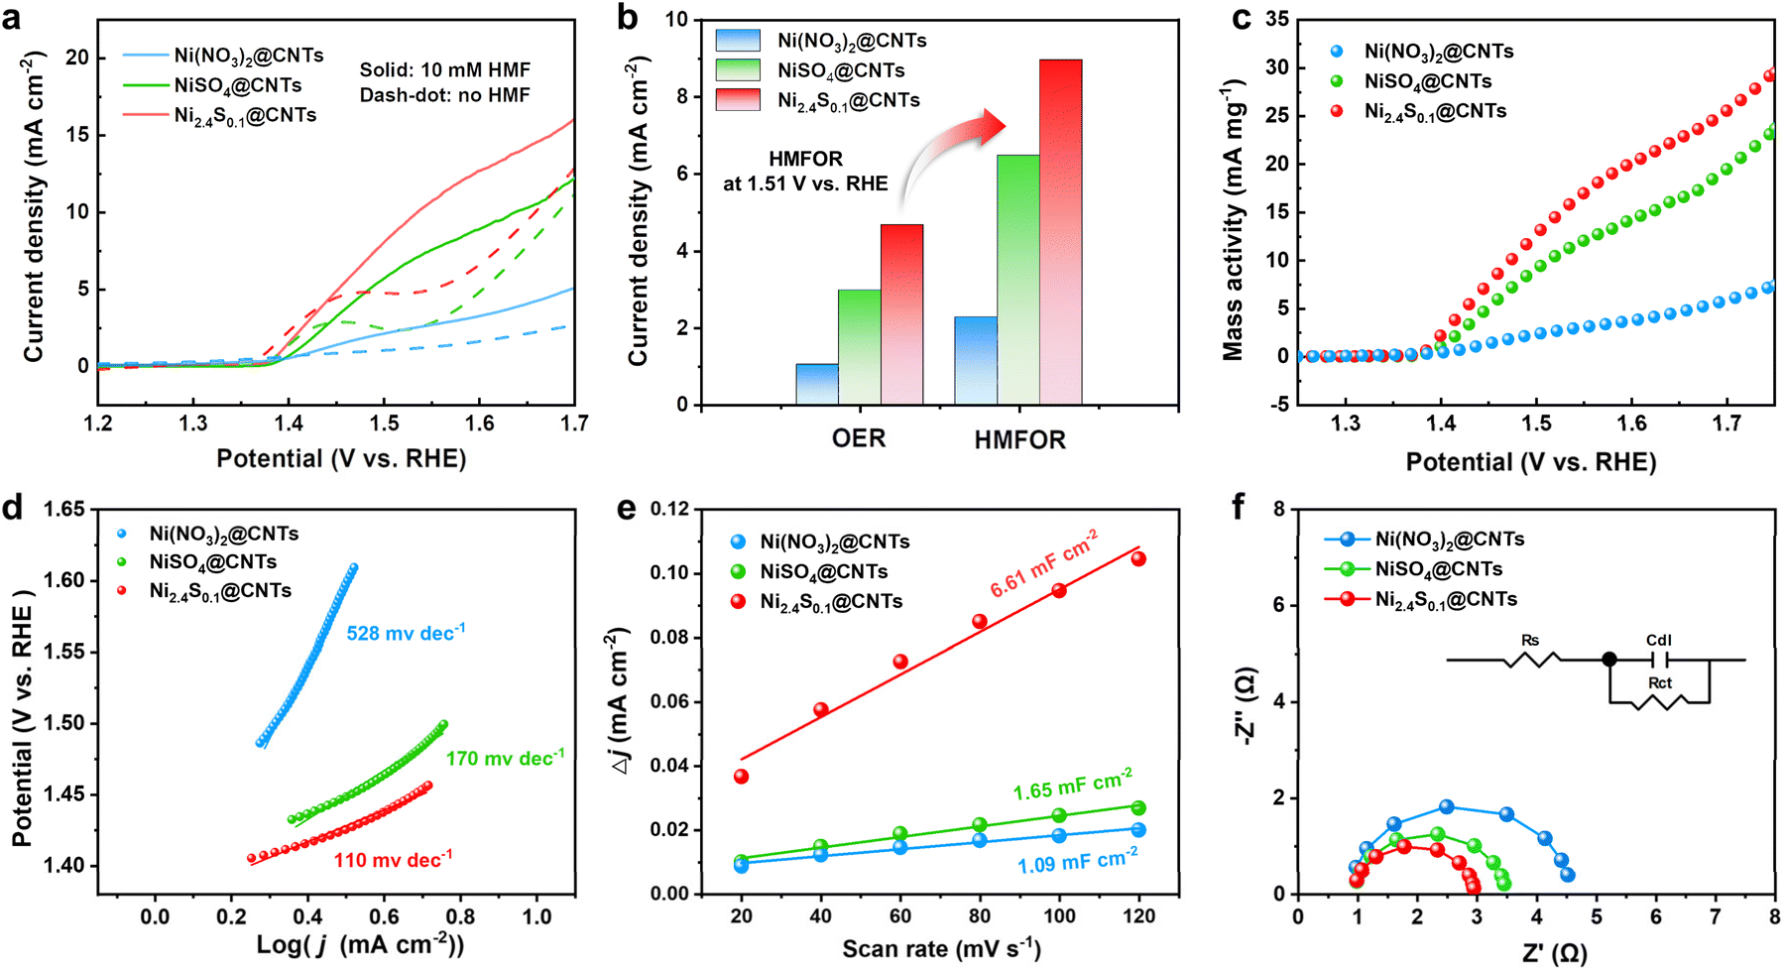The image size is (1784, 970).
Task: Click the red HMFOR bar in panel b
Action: [x=1060, y=232]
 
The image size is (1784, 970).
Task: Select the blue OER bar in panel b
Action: [x=816, y=384]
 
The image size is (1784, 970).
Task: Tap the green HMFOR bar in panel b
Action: [x=1017, y=280]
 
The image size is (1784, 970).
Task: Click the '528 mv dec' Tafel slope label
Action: [x=406, y=633]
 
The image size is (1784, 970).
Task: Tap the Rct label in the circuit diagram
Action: [x=1660, y=682]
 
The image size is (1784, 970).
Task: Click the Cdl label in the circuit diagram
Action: [x=1659, y=641]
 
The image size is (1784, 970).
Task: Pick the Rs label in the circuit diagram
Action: [x=1530, y=641]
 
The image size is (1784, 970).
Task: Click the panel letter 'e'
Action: [x=626, y=508]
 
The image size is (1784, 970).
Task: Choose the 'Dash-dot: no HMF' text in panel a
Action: [x=444, y=95]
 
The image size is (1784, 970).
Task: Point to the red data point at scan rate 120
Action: [x=1138, y=559]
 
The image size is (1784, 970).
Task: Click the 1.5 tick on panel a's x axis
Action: [x=385, y=424]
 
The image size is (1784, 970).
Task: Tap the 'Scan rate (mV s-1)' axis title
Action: [x=941, y=949]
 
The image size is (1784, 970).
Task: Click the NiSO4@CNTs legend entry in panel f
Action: [x=1438, y=569]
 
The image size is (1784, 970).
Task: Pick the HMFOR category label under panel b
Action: [x=1019, y=439]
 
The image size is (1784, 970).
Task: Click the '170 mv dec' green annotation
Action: [x=505, y=759]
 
